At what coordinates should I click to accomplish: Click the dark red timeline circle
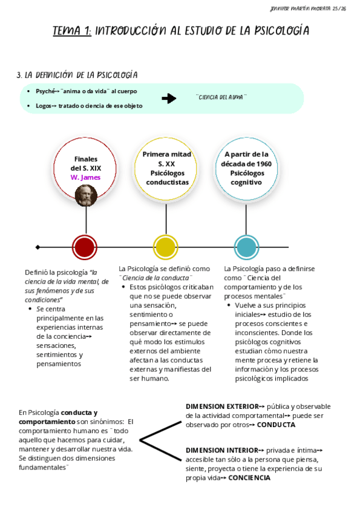pyautogui.click(x=85, y=247)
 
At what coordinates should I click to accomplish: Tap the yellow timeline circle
pyautogui.click(x=166, y=247)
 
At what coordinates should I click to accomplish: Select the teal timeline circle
pyautogui.click(x=246, y=247)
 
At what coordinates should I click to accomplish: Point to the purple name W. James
pyautogui.click(x=85, y=177)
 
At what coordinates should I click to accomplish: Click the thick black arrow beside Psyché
pyautogui.click(x=169, y=99)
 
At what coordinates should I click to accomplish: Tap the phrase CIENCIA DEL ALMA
pyautogui.click(x=222, y=97)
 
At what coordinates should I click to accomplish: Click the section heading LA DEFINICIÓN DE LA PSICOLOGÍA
pyautogui.click(x=81, y=75)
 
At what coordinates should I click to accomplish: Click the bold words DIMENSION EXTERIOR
pyautogui.click(x=221, y=406)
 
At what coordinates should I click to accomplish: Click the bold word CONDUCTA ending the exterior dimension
pyautogui.click(x=276, y=425)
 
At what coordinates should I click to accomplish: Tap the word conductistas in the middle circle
pyautogui.click(x=167, y=181)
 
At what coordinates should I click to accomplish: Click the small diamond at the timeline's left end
pyautogui.click(x=38, y=247)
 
